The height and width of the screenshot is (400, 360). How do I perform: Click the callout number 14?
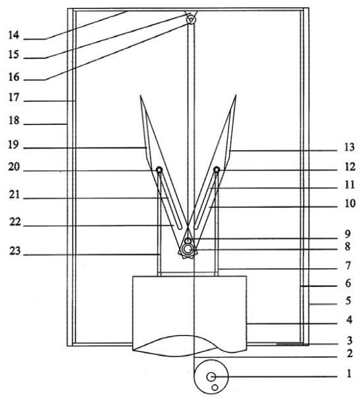(13, 35)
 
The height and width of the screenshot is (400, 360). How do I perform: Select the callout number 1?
(349, 374)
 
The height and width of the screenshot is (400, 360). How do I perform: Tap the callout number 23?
(15, 251)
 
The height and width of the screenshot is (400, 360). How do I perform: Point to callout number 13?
(349, 147)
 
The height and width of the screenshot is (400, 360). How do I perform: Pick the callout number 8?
(347, 247)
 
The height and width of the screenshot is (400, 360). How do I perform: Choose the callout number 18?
(14, 120)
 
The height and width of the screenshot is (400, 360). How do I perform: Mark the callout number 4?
(349, 319)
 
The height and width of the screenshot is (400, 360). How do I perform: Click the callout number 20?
(14, 167)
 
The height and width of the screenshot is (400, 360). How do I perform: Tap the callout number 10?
(350, 204)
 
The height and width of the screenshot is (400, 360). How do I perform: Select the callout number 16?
(14, 77)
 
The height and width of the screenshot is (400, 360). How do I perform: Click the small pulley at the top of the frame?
(191, 19)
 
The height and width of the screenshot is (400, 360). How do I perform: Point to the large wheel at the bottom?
(211, 377)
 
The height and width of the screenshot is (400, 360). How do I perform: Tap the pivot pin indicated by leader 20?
(159, 169)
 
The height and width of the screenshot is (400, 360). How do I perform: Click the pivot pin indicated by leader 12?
(217, 169)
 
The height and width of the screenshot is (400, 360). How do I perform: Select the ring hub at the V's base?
(188, 249)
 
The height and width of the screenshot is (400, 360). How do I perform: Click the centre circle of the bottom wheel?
(211, 377)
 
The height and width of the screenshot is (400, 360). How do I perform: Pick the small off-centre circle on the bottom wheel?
(215, 387)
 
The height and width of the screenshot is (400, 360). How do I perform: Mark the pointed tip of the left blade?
(140, 95)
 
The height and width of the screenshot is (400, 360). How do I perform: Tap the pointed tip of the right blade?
(236, 95)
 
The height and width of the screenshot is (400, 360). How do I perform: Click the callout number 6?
(348, 283)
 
